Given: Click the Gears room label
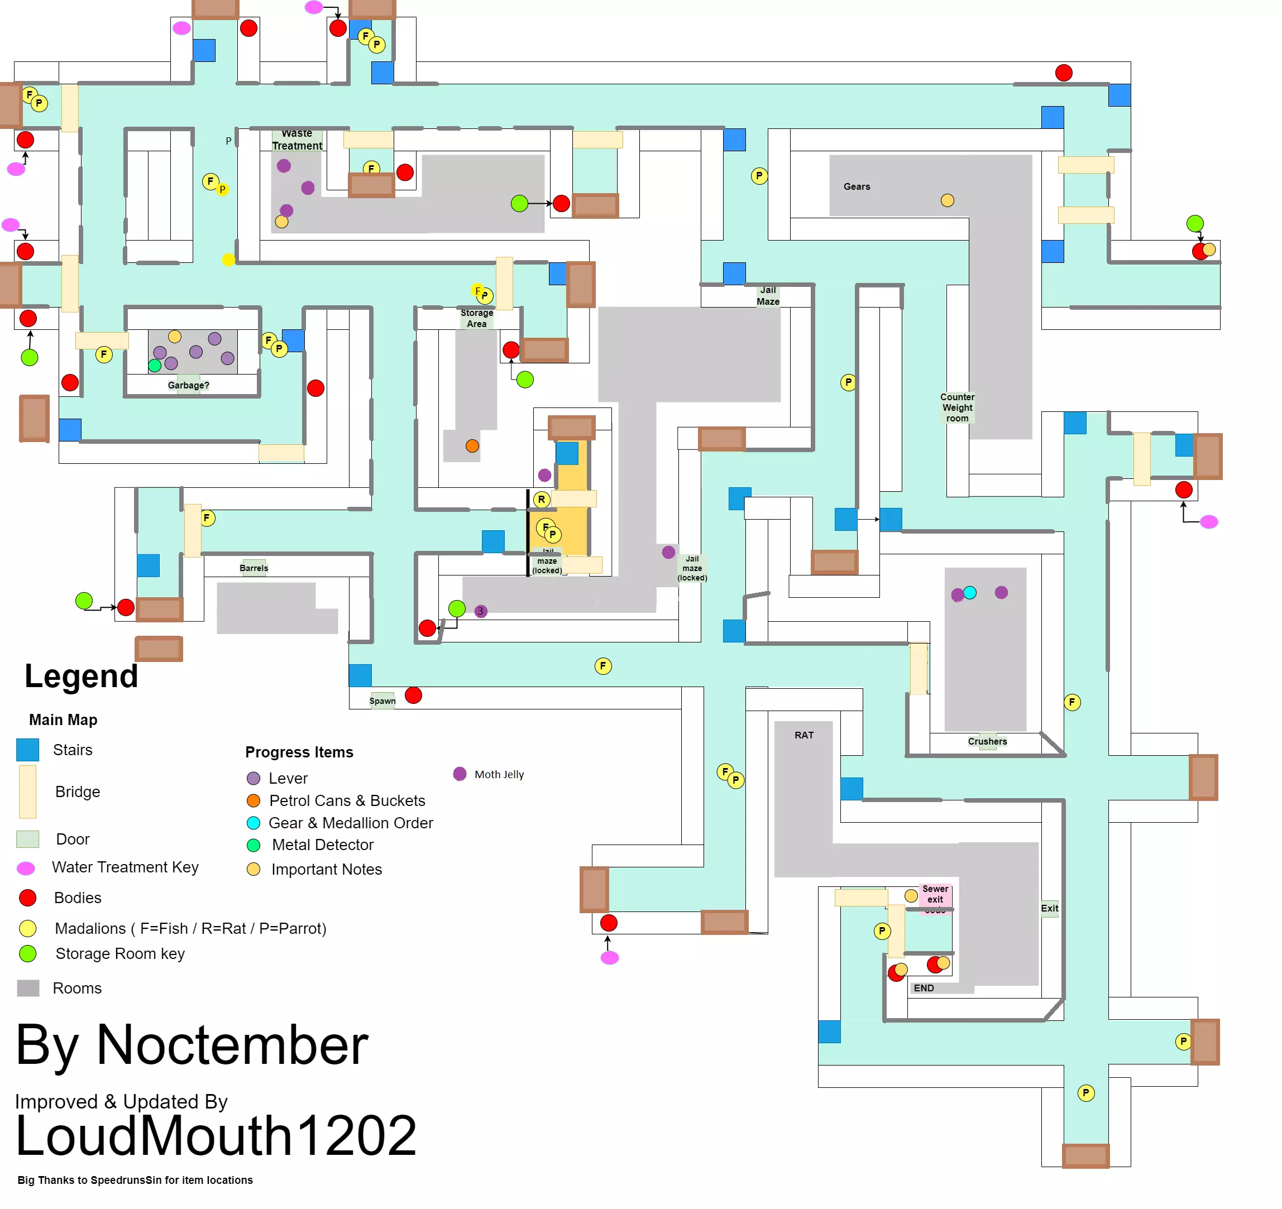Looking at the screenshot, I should [x=857, y=186].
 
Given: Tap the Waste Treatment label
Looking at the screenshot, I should [x=296, y=140].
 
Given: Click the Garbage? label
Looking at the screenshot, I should [x=188, y=385].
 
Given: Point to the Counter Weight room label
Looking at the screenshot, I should [x=957, y=407].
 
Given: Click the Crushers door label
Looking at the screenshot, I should [x=987, y=741].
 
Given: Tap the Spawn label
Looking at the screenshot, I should [x=382, y=701].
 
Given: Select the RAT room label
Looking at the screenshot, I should [x=803, y=735].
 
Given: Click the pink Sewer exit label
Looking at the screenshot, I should [x=935, y=894].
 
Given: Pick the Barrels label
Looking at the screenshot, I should [x=253, y=568].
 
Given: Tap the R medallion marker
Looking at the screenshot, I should [x=542, y=499].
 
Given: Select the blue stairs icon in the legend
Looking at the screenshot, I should [x=28, y=750].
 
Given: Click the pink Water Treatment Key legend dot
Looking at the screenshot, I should [x=26, y=868].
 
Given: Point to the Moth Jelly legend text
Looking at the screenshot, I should [x=499, y=774].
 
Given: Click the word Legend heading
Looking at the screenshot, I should [x=82, y=676].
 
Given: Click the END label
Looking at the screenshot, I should [x=924, y=988].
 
